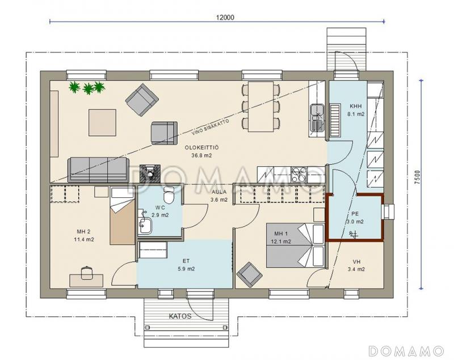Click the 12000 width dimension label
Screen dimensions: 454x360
pyautogui.click(x=225, y=18)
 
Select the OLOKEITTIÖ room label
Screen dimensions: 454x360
pyautogui.click(x=202, y=148)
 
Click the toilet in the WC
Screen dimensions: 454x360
pyautogui.click(x=168, y=195)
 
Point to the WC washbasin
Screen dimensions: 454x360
pyautogui.click(x=145, y=225)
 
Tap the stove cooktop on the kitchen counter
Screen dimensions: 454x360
pyautogui.click(x=299, y=175)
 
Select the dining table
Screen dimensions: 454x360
pyautogui.click(x=260, y=107)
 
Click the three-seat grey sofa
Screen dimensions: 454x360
pyautogui.click(x=98, y=170)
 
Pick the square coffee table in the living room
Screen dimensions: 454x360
pyautogui.click(x=102, y=122)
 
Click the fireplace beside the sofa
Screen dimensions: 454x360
pyautogui.click(x=150, y=173)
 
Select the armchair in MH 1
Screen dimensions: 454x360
pyautogui.click(x=250, y=275)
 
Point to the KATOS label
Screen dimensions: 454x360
pyautogui.click(x=180, y=316)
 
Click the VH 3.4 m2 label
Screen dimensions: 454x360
pyautogui.click(x=356, y=265)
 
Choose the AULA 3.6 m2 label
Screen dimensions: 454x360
pyautogui.click(x=219, y=196)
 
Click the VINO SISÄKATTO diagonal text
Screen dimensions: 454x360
pyautogui.click(x=211, y=127)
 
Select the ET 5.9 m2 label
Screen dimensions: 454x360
pyautogui.click(x=186, y=265)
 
